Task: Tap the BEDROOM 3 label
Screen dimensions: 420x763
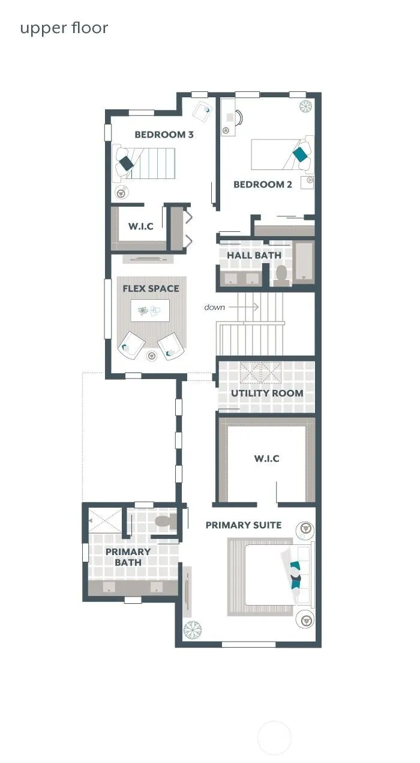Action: click(x=164, y=135)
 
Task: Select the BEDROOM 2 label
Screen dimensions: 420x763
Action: click(x=263, y=184)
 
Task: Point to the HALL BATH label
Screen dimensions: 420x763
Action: click(x=254, y=255)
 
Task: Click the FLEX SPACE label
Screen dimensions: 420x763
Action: click(x=151, y=288)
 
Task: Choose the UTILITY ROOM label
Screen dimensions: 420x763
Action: click(x=267, y=393)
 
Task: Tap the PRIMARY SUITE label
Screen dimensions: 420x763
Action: click(x=244, y=525)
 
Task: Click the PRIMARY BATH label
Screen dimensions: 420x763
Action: click(x=128, y=556)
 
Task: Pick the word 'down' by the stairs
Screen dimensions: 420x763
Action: click(x=214, y=307)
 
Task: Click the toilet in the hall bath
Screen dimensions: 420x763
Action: click(x=281, y=275)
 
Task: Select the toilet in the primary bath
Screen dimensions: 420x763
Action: click(x=166, y=521)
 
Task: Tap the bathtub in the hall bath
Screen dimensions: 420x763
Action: click(x=304, y=261)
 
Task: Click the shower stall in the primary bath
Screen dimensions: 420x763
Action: click(x=105, y=520)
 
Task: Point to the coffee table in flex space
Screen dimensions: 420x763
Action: click(x=150, y=311)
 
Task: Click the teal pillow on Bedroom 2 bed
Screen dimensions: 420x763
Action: click(x=300, y=154)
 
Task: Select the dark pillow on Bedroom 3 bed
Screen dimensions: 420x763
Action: click(x=126, y=163)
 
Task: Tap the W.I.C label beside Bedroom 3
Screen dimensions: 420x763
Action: click(x=141, y=226)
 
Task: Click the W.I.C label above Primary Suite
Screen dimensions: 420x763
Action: click(x=266, y=458)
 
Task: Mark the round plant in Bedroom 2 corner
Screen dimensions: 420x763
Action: click(x=305, y=106)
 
